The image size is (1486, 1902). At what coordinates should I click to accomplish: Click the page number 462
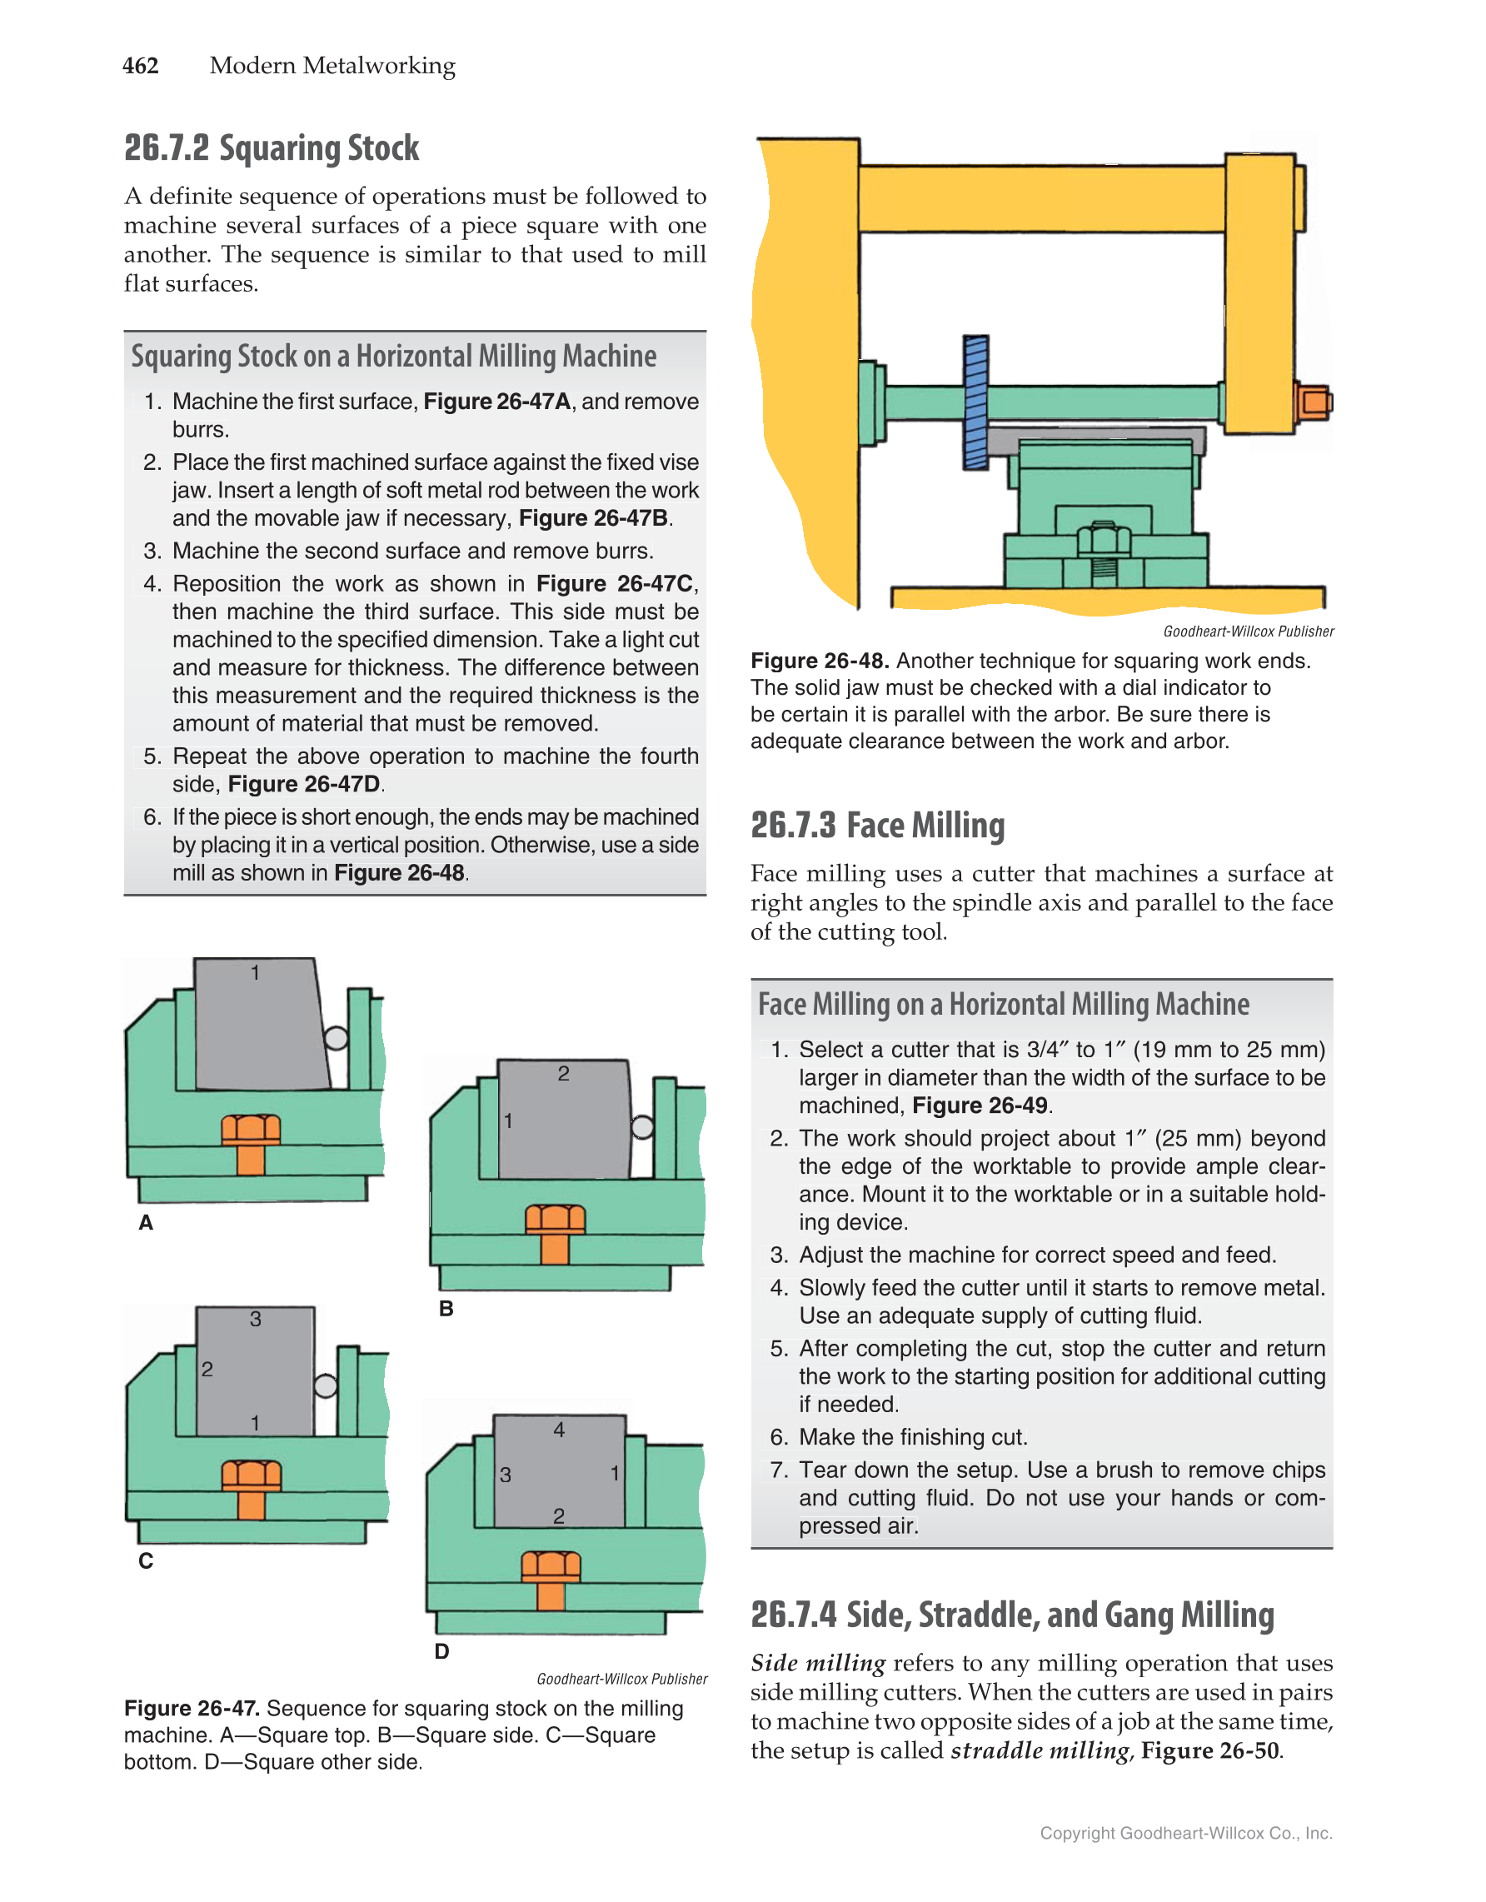point(140,66)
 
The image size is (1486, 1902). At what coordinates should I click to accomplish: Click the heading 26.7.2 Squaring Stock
point(271,149)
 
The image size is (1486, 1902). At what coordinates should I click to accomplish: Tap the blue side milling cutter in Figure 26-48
point(975,402)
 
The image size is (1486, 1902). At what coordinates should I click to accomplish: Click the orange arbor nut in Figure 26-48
point(1313,402)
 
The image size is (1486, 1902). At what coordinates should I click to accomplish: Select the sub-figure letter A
point(146,1223)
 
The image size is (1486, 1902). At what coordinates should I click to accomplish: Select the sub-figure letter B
point(446,1309)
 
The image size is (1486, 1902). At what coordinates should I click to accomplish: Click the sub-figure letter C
point(146,1560)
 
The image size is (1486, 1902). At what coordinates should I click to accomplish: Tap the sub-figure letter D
point(441,1651)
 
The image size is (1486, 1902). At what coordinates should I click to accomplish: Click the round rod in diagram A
point(336,1037)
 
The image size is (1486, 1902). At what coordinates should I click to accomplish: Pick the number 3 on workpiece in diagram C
point(255,1320)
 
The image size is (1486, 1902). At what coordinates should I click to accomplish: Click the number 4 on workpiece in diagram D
point(559,1430)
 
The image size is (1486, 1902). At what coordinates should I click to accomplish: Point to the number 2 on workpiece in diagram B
point(563,1074)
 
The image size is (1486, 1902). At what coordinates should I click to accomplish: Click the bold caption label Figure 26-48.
point(818,661)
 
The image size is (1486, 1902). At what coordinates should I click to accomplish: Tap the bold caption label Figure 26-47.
point(192,1709)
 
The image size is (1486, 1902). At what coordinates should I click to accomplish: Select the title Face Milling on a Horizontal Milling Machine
point(1003,1005)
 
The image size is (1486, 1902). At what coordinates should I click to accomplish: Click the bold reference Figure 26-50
point(1209,1750)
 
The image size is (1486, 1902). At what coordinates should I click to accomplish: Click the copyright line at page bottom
point(1185,1833)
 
